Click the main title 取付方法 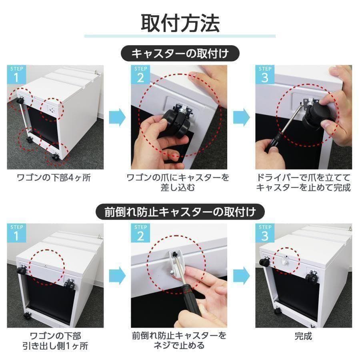coord(180,23)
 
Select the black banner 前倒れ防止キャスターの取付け coord(180,211)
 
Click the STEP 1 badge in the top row coord(16,74)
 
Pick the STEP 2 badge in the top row coord(140,74)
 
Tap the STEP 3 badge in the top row coord(264,74)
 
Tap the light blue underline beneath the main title coord(180,36)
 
